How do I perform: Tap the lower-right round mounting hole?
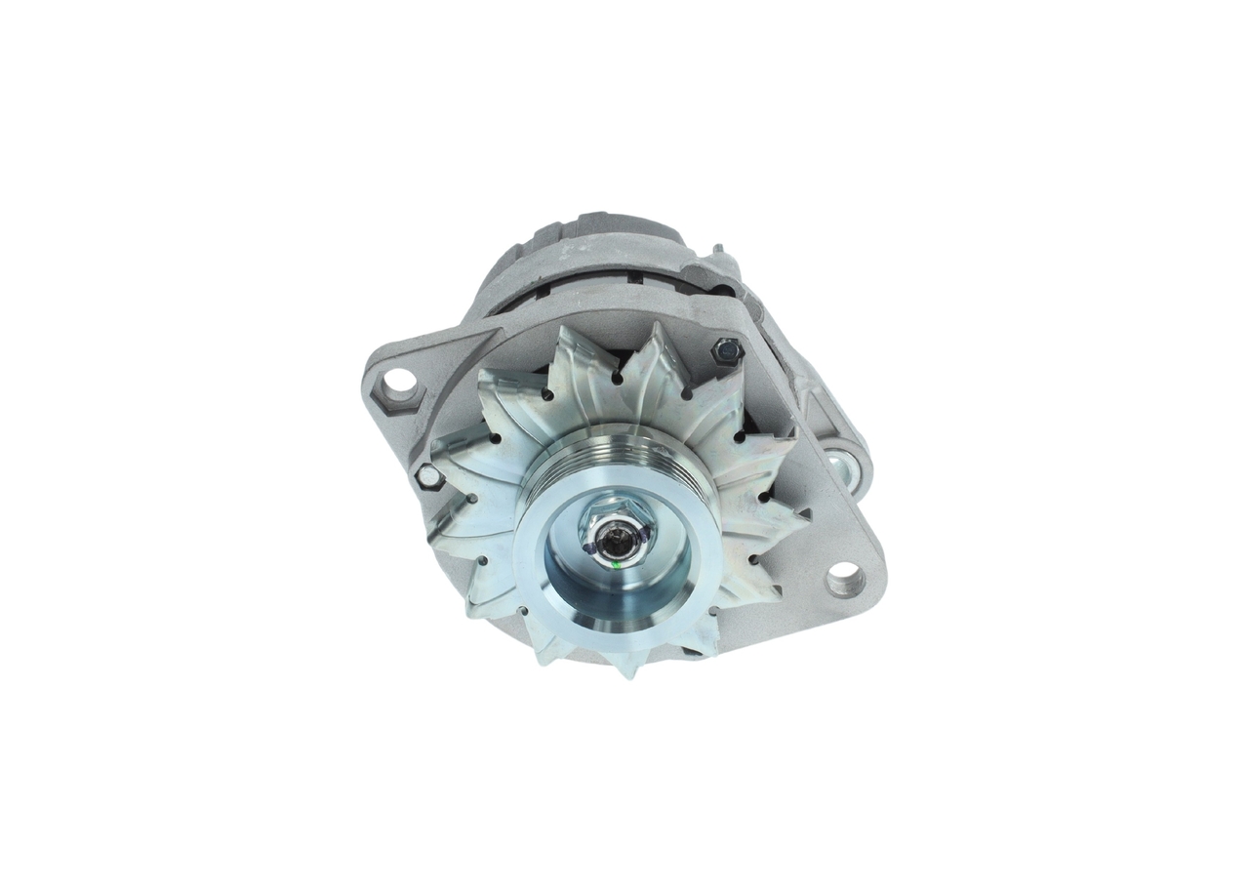point(845,580)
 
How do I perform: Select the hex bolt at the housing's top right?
point(727,350)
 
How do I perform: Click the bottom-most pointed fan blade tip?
point(624,672)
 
